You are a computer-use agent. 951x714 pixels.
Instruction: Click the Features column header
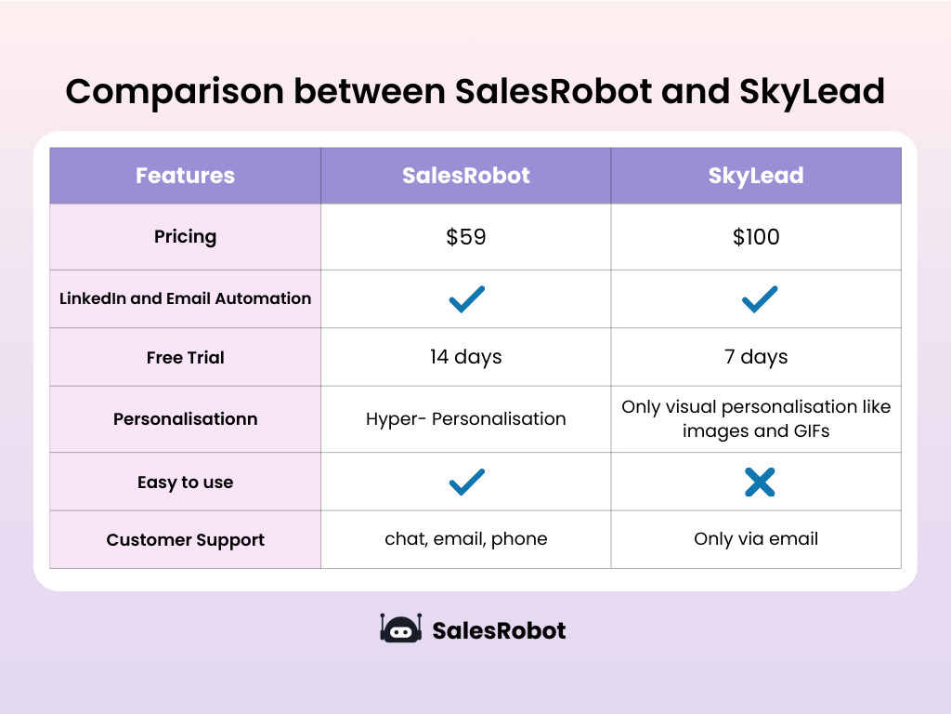coord(185,176)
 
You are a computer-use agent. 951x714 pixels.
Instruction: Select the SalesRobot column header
coord(465,176)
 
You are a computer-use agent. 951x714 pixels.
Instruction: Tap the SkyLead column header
coord(756,176)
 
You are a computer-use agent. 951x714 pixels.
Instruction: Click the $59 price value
coord(465,237)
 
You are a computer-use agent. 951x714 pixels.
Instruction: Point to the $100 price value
coord(756,237)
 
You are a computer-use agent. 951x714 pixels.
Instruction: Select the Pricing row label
coord(185,237)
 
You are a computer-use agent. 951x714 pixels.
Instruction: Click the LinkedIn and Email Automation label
coord(185,298)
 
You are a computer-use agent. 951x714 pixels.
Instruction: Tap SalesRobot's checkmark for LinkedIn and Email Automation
coord(466,298)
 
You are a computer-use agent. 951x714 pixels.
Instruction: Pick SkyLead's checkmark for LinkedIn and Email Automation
coord(759,298)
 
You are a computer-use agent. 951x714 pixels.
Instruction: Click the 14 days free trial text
coord(465,357)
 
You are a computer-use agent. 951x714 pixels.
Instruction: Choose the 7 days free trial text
coord(756,357)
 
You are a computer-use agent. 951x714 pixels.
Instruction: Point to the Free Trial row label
coord(185,357)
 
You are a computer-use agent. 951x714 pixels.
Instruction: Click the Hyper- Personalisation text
coord(465,418)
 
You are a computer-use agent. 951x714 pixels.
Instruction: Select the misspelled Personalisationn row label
coord(185,419)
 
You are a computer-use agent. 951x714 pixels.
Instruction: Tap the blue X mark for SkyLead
coord(759,482)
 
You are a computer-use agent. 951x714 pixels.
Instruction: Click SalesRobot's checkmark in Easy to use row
coord(466,482)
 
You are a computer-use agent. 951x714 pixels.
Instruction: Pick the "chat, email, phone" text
coord(465,539)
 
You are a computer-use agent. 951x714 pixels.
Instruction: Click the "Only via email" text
coord(756,539)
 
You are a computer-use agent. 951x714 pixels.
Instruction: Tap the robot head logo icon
coord(401,628)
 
